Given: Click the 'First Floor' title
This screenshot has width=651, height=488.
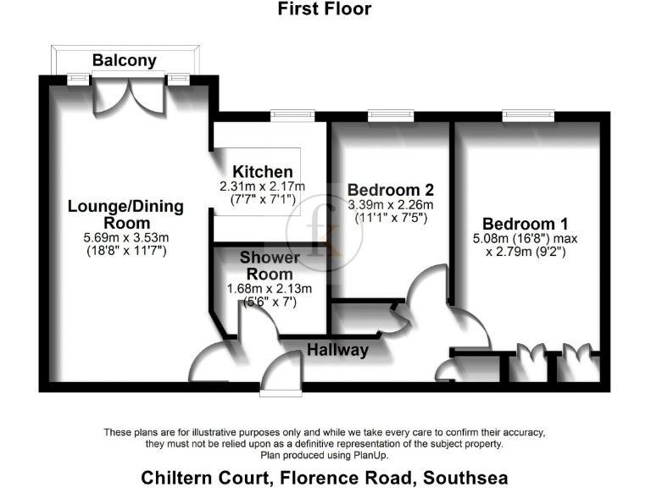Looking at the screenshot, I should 325,9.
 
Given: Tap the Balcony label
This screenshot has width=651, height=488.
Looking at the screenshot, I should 125,60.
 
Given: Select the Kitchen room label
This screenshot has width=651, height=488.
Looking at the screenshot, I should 264,172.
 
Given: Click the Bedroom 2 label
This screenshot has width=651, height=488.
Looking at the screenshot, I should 391,190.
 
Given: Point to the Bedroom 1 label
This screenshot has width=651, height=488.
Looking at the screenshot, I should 531,224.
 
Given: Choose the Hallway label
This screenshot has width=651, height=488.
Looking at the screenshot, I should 337,350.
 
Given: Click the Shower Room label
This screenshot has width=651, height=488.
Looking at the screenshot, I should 270,265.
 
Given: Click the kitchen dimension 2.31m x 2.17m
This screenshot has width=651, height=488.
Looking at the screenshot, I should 263,186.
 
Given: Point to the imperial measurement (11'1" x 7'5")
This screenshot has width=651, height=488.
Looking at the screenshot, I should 391,218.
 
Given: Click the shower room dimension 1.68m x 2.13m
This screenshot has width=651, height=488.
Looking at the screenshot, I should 270,288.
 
